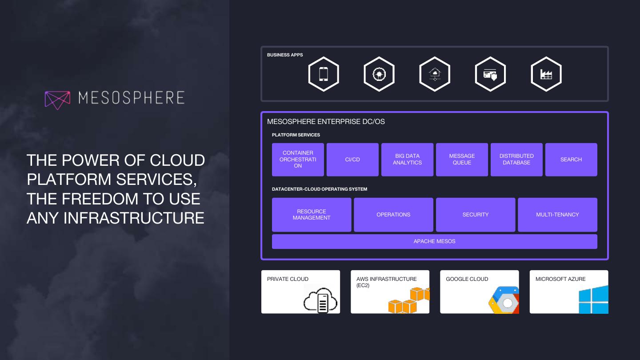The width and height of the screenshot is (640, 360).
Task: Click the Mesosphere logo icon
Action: point(57,100)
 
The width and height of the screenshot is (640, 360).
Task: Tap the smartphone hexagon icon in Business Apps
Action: point(324,74)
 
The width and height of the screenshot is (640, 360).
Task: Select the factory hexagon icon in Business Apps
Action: point(546,74)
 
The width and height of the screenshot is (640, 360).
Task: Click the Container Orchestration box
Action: point(298,160)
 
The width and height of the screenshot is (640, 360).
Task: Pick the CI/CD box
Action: point(352,160)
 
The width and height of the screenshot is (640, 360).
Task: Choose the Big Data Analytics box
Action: point(407,160)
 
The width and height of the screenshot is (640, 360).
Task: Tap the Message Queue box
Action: point(462,160)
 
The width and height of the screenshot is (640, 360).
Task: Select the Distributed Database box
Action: point(516,160)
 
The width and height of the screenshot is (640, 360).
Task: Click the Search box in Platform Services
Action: point(571,160)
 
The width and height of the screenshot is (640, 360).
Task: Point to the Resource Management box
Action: point(312,215)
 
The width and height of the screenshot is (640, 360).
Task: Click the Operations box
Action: point(393,215)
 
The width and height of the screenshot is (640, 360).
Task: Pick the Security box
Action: point(476,215)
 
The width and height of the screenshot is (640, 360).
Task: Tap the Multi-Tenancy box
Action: point(557,215)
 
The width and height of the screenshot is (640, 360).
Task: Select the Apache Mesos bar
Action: point(434,241)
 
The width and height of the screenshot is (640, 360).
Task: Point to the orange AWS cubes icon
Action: point(408,301)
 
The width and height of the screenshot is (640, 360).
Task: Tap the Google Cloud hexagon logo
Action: point(504,301)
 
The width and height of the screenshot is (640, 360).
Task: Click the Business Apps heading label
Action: point(285,55)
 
